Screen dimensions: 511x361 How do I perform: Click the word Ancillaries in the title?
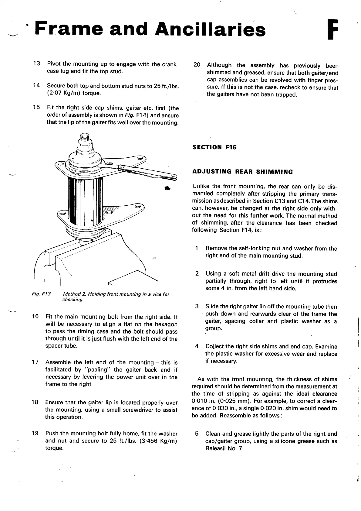(212, 29)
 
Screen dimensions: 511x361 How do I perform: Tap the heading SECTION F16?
(214, 147)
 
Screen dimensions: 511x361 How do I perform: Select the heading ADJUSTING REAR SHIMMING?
(243, 172)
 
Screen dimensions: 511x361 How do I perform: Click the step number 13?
(36, 64)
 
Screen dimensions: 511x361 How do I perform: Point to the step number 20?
(197, 65)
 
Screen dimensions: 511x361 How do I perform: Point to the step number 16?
(35, 317)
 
